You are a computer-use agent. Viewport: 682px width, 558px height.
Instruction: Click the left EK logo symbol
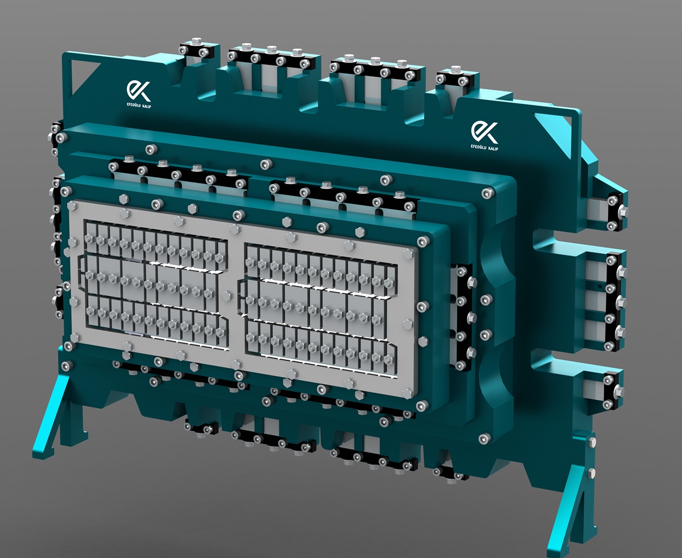pos(139,91)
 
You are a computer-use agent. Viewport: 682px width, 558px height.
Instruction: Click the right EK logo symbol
pos(484,132)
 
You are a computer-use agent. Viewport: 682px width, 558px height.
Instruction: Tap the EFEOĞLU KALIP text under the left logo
pos(139,105)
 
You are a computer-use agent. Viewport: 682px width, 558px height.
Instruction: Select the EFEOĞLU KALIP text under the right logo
pos(484,148)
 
